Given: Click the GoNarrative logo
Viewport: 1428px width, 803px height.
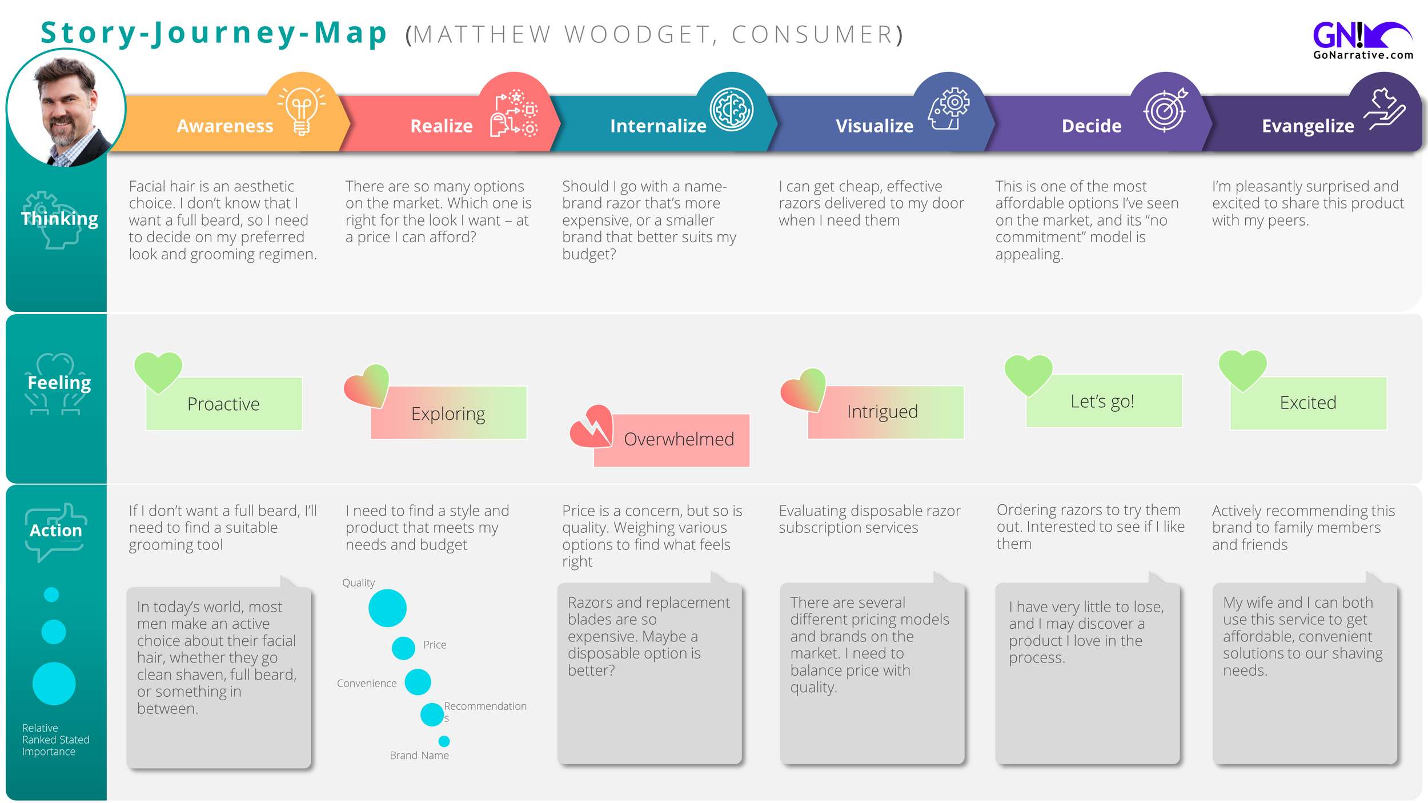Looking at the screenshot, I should pyautogui.click(x=1362, y=40).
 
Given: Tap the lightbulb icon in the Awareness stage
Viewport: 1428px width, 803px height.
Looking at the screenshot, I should pyautogui.click(x=302, y=110).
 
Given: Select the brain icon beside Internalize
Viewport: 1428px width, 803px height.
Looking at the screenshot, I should pyautogui.click(x=731, y=109).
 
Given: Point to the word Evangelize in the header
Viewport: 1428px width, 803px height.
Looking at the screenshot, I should pyautogui.click(x=1307, y=126).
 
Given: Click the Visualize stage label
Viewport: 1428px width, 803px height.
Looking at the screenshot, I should pyautogui.click(x=875, y=126).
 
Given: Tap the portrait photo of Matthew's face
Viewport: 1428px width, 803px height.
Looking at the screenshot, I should pyautogui.click(x=66, y=109).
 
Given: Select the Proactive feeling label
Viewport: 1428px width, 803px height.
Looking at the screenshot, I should pyautogui.click(x=223, y=404).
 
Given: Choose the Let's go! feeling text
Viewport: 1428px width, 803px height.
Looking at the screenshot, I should pyautogui.click(x=1102, y=401).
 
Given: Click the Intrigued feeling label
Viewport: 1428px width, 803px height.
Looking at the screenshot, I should pyautogui.click(x=883, y=411).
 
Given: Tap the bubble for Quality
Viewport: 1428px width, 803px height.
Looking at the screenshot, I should pyautogui.click(x=387, y=608).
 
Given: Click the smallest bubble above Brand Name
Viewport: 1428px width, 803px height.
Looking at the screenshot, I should pyautogui.click(x=444, y=741).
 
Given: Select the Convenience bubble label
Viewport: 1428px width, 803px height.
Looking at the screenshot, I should pyautogui.click(x=367, y=683).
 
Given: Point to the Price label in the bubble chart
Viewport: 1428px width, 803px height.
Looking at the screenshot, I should pyautogui.click(x=435, y=644).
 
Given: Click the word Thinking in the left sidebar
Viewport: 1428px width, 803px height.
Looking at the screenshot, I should pyautogui.click(x=59, y=219).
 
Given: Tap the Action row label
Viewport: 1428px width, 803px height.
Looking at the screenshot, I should pyautogui.click(x=56, y=531).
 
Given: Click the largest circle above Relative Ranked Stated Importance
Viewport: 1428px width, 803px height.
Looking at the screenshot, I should pyautogui.click(x=54, y=683).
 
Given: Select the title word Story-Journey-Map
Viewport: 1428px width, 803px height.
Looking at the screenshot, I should pyautogui.click(x=214, y=33).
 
